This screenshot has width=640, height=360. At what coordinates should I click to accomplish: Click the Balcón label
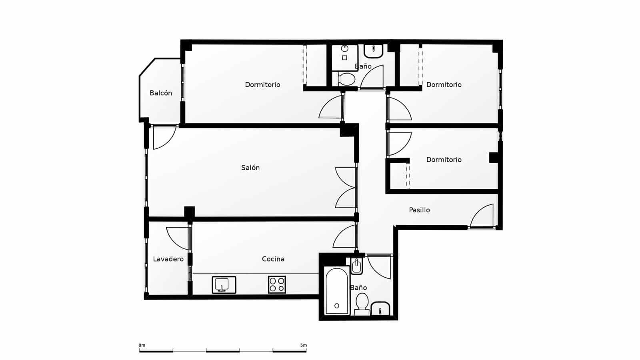pyautogui.click(x=161, y=93)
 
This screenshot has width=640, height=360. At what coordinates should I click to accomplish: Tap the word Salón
pyautogui.click(x=250, y=168)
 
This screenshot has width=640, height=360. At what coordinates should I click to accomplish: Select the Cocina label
pyautogui.click(x=273, y=259)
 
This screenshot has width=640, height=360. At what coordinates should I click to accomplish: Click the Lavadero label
pyautogui.click(x=168, y=259)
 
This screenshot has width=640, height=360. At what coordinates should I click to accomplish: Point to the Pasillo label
pyautogui.click(x=419, y=210)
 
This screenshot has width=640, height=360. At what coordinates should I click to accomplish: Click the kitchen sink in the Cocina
pyautogui.click(x=224, y=285)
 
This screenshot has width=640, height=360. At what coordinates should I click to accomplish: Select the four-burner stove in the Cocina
pyautogui.click(x=277, y=284)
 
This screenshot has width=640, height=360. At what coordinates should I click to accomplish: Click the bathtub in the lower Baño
pyautogui.click(x=337, y=291)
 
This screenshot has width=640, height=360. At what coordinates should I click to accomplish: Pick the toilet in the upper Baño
pyautogui.click(x=346, y=79)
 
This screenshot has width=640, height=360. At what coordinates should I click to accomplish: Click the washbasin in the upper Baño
pyautogui.click(x=374, y=50)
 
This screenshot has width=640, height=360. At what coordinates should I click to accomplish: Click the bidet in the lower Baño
pyautogui.click(x=356, y=266)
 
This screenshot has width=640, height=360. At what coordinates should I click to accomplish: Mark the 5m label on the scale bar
pyautogui.click(x=303, y=345)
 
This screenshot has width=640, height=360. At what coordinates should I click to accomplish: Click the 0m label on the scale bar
pyautogui.click(x=142, y=345)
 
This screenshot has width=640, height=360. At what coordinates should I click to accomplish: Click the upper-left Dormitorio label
pyautogui.click(x=262, y=85)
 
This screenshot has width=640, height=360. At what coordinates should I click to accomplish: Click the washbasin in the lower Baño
pyautogui.click(x=380, y=309)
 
